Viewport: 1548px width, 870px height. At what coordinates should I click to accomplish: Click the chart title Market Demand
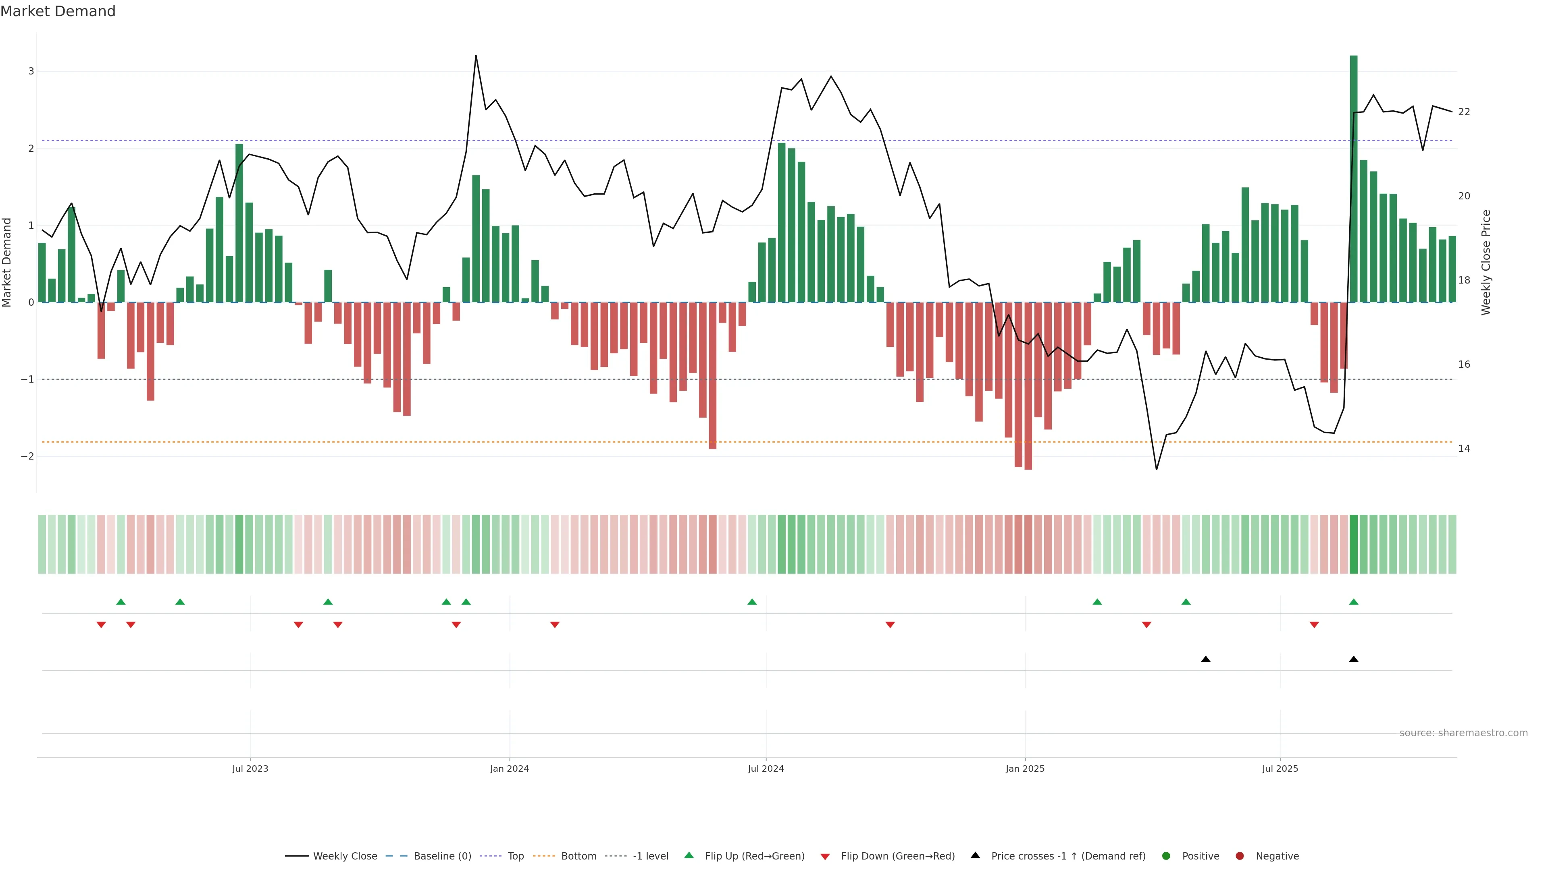point(58,11)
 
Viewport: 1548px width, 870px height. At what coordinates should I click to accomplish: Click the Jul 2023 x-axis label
point(250,768)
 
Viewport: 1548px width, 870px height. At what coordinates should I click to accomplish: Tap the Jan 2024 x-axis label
point(509,768)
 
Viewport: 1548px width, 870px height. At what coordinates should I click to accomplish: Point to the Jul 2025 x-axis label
point(1280,768)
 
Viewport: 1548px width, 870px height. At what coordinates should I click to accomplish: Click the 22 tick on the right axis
point(1464,112)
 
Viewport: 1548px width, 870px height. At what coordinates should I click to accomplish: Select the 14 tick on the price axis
point(1464,449)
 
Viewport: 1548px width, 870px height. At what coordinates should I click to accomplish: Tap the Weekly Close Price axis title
point(1486,262)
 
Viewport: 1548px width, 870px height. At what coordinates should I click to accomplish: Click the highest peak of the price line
point(476,56)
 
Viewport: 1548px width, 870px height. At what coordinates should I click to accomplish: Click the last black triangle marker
point(1353,659)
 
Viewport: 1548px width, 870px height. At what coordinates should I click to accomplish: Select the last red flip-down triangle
point(1314,625)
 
